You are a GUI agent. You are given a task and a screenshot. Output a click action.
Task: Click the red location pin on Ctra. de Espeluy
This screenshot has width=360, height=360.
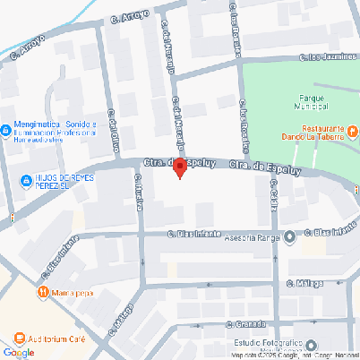(x=179, y=167)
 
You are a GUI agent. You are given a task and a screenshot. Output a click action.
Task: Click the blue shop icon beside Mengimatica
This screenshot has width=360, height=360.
(x=7, y=128)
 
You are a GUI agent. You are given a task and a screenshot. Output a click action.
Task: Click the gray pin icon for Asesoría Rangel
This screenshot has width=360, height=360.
(x=290, y=237)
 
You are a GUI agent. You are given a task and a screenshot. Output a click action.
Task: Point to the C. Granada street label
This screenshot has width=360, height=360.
(x=247, y=323)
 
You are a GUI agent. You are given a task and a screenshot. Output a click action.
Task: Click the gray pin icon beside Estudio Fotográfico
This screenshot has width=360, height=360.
(x=311, y=346)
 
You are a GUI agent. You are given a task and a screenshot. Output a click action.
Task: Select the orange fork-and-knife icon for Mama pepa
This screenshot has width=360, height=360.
(x=42, y=292)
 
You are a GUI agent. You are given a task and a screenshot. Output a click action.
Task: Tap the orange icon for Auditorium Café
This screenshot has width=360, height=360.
(x=21, y=339)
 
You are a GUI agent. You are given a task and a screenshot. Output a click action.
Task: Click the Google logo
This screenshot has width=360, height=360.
(x=19, y=352)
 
